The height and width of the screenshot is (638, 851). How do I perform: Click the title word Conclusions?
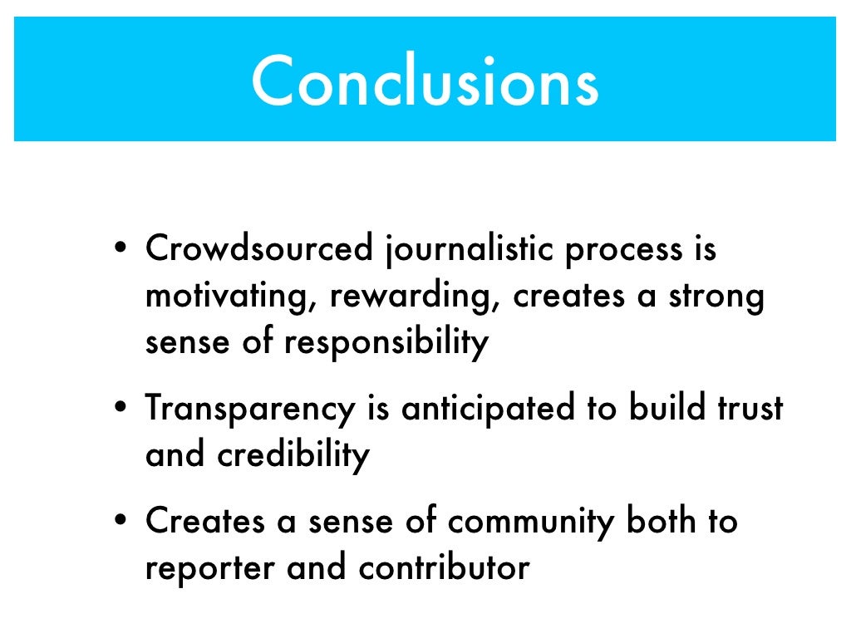pos(425,81)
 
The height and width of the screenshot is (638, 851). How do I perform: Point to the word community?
pos(532,522)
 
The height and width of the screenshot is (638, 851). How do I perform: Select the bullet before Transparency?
pos(121,409)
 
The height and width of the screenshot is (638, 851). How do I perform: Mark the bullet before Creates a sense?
pos(121,522)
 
